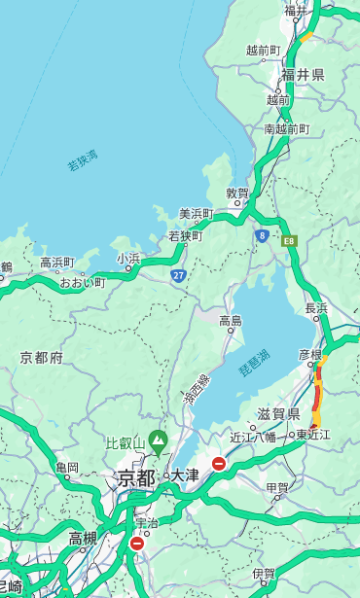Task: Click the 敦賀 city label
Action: (x=237, y=193)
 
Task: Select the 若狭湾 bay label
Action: (x=83, y=160)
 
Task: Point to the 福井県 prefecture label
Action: (x=303, y=75)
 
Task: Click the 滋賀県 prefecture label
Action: (x=278, y=413)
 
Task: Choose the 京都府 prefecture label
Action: (x=42, y=358)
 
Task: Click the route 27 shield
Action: (x=179, y=275)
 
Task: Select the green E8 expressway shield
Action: (x=289, y=240)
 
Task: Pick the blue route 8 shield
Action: (x=262, y=235)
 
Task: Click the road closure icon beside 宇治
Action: (x=137, y=544)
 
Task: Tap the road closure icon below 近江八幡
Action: (x=219, y=464)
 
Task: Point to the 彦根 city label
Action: (x=310, y=355)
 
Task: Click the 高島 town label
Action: (x=231, y=321)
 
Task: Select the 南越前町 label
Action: (x=286, y=128)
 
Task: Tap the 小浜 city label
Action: (x=129, y=259)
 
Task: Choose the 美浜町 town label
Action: (x=197, y=214)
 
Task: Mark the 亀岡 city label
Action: (x=67, y=468)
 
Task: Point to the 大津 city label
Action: (x=184, y=475)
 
